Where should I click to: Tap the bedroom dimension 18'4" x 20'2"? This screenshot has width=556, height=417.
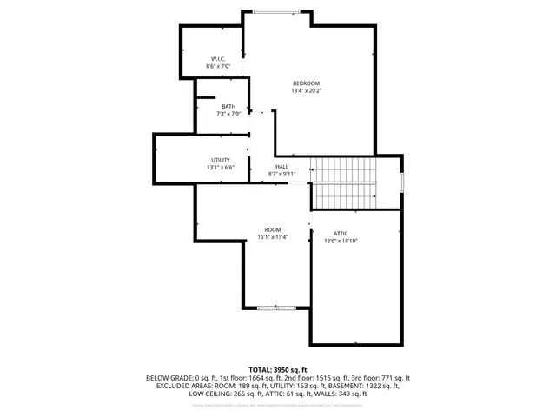click(306, 90)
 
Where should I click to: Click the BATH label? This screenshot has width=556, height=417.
click(228, 107)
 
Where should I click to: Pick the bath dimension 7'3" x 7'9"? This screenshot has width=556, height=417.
click(228, 114)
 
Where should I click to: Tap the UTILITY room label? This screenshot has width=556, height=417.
click(220, 160)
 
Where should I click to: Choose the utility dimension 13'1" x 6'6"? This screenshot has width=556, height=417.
click(220, 167)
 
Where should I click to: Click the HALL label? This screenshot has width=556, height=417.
click(282, 167)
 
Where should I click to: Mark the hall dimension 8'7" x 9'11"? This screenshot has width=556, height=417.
click(282, 174)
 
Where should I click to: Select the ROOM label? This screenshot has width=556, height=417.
click(273, 230)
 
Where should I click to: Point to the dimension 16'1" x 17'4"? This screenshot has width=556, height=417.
click(273, 237)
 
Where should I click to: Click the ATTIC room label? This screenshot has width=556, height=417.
click(341, 233)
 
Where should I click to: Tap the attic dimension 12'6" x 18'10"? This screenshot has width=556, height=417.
click(341, 240)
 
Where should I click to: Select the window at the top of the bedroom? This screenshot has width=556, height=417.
click(272, 11)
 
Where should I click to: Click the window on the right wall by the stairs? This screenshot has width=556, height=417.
click(402, 182)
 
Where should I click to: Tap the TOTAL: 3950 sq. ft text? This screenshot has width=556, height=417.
click(278, 370)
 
